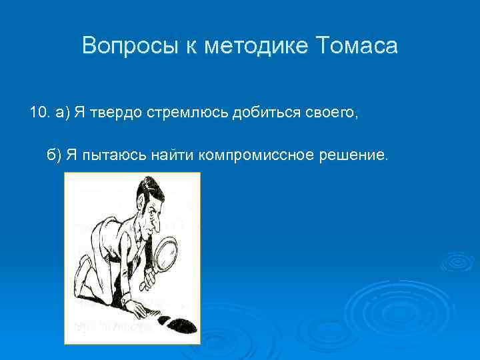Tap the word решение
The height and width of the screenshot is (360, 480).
[x=354, y=155]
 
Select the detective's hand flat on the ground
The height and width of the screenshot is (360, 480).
[x=137, y=308]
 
